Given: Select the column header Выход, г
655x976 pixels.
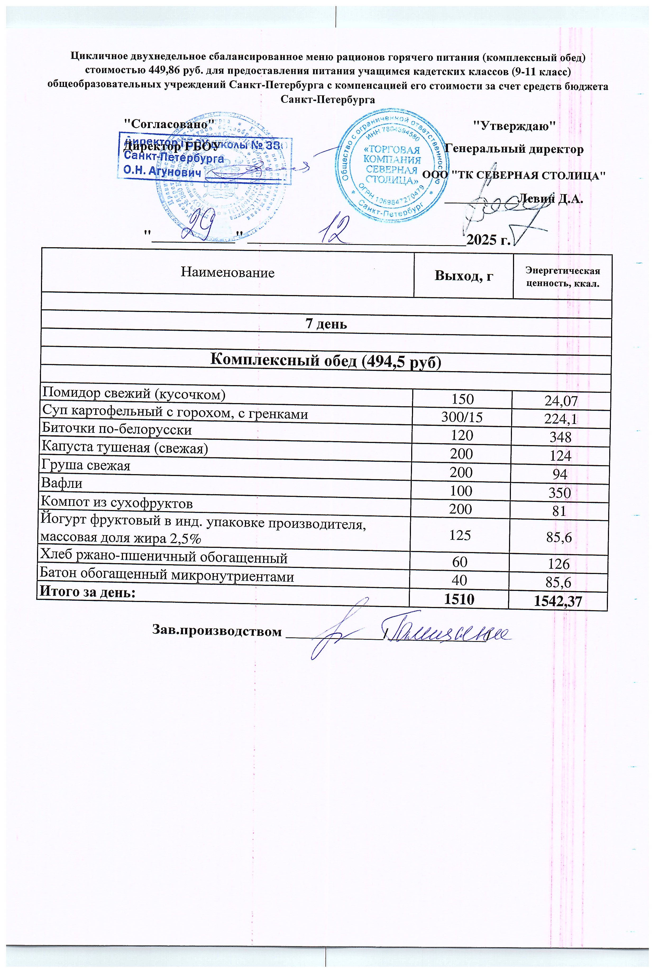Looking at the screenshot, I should (x=464, y=276).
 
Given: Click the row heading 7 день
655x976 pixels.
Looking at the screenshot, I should (x=326, y=324).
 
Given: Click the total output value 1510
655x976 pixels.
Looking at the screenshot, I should (x=459, y=599).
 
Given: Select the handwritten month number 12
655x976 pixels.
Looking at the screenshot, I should (x=333, y=232).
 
